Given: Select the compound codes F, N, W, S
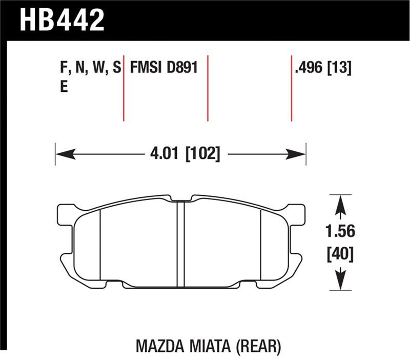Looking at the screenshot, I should tap(90, 68).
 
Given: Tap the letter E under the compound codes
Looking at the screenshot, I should tap(64, 87).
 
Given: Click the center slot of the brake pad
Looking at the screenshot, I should tap(180, 244).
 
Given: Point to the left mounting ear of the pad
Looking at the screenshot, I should tap(65, 215).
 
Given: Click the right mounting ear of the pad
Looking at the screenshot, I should tap(296, 215).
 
